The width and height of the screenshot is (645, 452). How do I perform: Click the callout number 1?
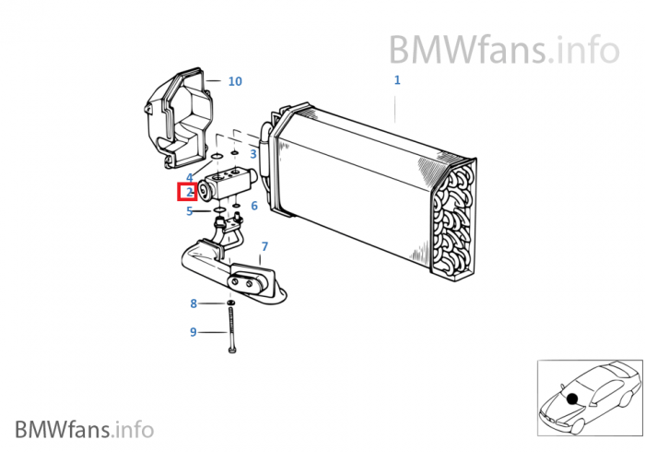pos(397,80)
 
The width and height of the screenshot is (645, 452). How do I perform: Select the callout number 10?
pos(235,81)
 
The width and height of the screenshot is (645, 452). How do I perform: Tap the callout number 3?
pos(253,154)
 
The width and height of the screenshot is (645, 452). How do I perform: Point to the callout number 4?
pos(189,177)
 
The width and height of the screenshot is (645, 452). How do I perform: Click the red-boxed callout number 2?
pos(187,193)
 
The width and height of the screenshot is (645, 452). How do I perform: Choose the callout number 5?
pos(189,211)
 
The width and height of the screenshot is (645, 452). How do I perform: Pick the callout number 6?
pos(254,206)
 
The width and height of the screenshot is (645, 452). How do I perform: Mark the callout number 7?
pos(264,246)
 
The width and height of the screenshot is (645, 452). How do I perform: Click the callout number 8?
pos(193,303)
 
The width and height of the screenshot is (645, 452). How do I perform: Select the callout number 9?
pos(193,332)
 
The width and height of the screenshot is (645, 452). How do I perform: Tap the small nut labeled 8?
pos(230,303)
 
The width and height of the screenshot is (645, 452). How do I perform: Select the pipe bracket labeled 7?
pos(235,272)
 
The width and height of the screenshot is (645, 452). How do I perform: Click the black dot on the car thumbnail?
pos(572,398)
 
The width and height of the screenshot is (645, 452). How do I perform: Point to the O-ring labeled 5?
pos(219,211)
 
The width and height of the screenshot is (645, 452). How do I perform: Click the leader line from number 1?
pos(397,106)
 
